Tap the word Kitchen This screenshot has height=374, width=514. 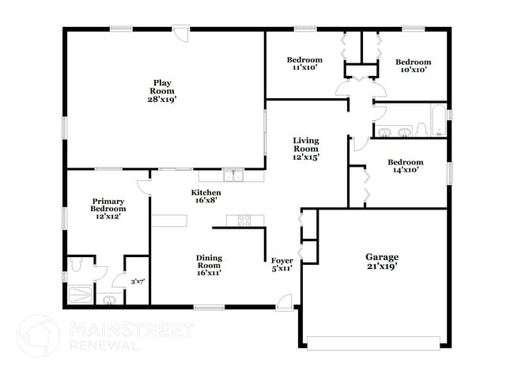(206, 193)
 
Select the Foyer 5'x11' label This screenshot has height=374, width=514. (282, 264)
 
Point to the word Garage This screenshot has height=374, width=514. (381, 257)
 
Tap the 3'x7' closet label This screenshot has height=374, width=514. (137, 280)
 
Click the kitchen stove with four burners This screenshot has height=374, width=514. (239, 220)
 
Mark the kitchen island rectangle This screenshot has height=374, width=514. (169, 221)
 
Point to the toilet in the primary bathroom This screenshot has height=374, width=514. (76, 267)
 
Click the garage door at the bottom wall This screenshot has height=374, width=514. (372, 342)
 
